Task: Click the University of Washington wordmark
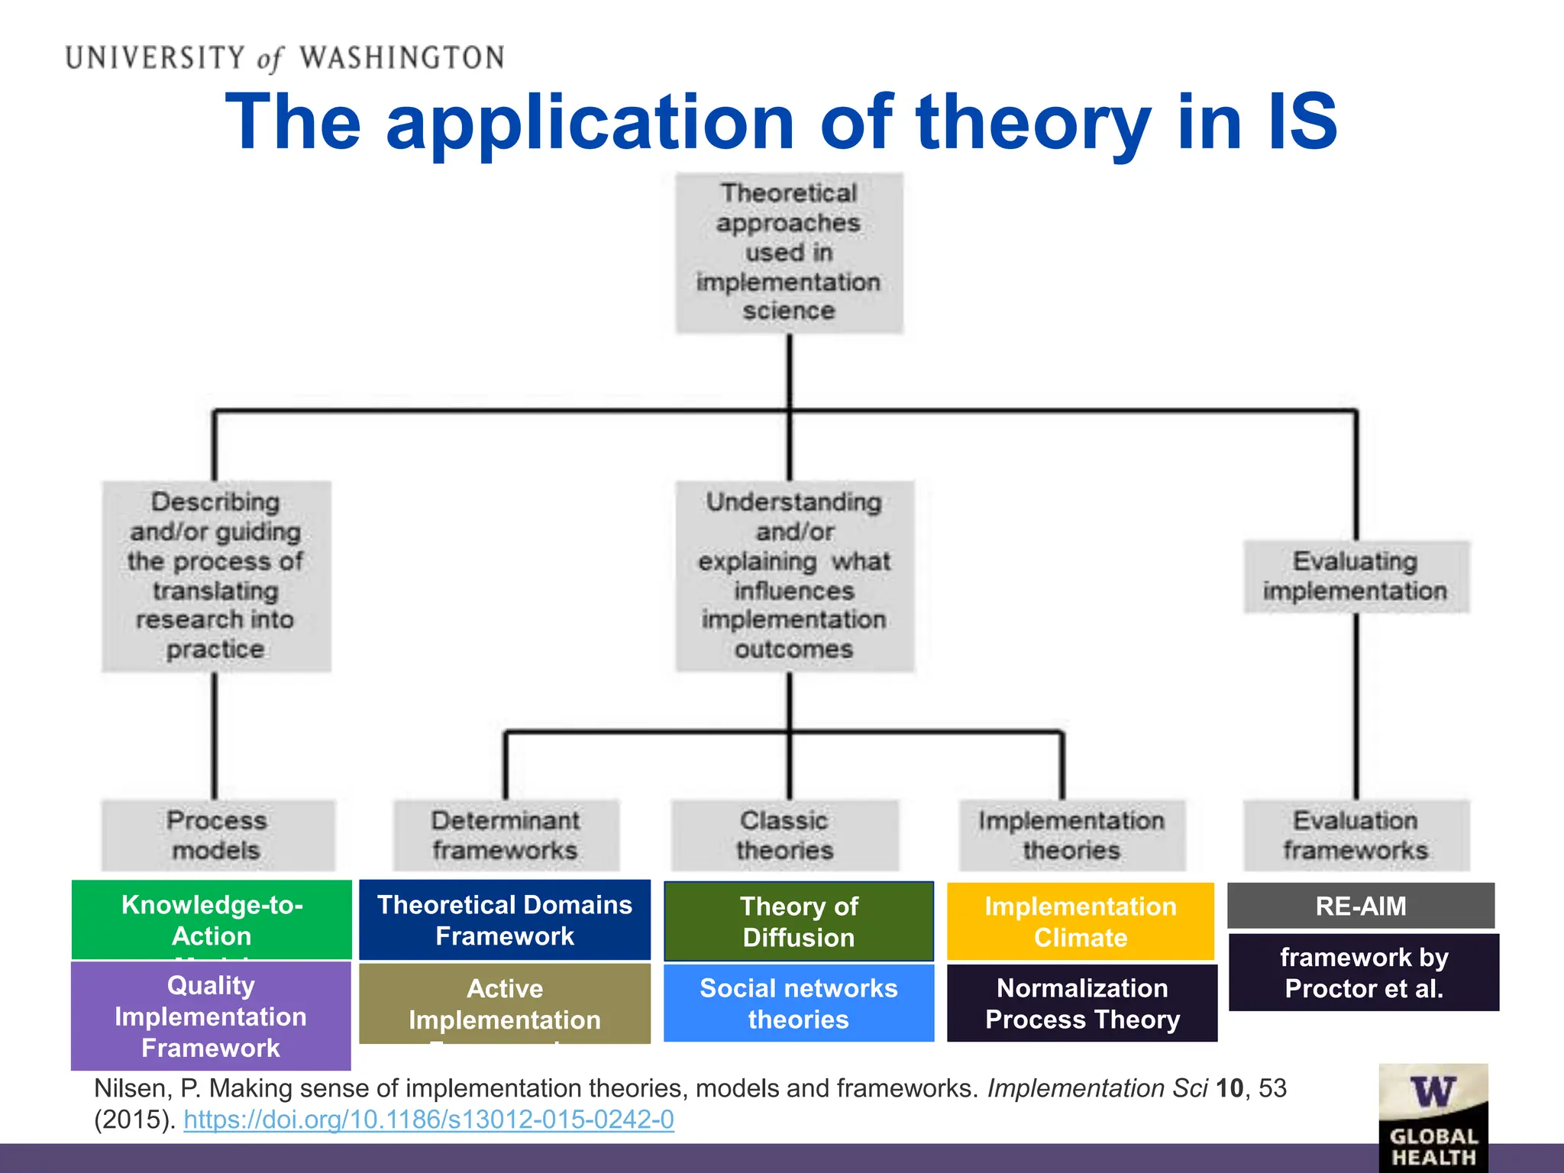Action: click(x=284, y=58)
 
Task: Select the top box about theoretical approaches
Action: click(x=789, y=253)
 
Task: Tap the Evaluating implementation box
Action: click(x=1356, y=577)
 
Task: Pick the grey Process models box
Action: click(x=218, y=835)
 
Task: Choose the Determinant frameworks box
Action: click(x=506, y=835)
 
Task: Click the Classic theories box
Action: click(x=784, y=835)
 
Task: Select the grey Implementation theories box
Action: click(x=1071, y=835)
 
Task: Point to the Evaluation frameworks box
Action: click(x=1356, y=835)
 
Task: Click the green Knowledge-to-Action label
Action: click(x=212, y=919)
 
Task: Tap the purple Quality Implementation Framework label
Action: click(x=211, y=1016)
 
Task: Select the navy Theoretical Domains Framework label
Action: click(x=505, y=920)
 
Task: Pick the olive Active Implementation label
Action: click(x=505, y=1003)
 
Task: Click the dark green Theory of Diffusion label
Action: click(x=799, y=922)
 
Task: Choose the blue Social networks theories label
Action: click(x=799, y=1003)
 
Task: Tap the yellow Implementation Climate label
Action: click(x=1081, y=922)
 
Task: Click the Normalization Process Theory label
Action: click(x=1082, y=1003)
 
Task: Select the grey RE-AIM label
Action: click(x=1361, y=906)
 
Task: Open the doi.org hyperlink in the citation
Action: click(x=428, y=1120)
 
